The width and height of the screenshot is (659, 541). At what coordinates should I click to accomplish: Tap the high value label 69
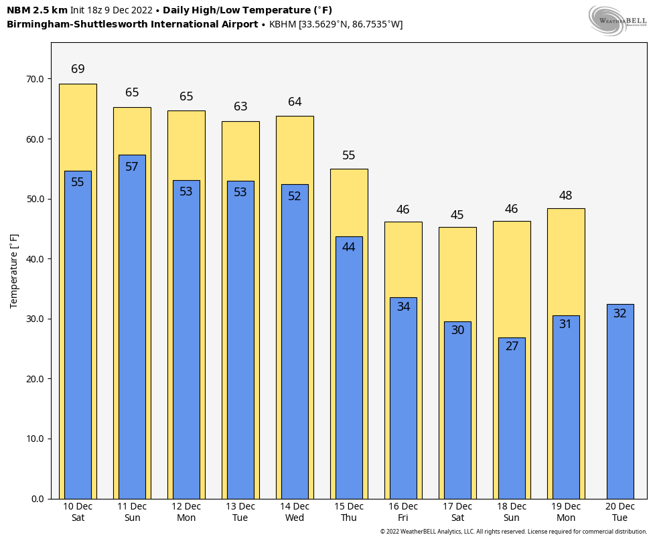click(x=78, y=69)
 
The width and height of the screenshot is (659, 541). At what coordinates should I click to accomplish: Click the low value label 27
click(x=512, y=346)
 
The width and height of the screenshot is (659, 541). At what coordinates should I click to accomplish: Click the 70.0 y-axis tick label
click(x=34, y=79)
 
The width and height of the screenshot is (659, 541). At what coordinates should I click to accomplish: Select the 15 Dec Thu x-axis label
click(x=349, y=512)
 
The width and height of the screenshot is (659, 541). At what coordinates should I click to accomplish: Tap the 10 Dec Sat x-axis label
click(x=78, y=512)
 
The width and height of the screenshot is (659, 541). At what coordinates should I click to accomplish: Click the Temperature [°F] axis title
click(x=15, y=270)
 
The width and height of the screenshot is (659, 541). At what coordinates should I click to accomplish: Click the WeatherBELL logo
click(x=617, y=20)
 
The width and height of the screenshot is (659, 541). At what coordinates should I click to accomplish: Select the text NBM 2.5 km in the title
click(x=37, y=10)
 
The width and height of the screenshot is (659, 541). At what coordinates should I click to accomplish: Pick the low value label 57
click(x=132, y=167)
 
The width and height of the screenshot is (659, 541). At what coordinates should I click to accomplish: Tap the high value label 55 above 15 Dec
click(x=349, y=155)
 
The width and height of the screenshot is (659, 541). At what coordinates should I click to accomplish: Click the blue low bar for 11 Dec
click(x=132, y=335)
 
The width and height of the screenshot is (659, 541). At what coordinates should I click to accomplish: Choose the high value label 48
click(x=566, y=196)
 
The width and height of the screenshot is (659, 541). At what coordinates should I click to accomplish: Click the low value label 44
click(x=349, y=247)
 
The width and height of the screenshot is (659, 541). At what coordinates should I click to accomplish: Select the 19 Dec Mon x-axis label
click(x=566, y=512)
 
